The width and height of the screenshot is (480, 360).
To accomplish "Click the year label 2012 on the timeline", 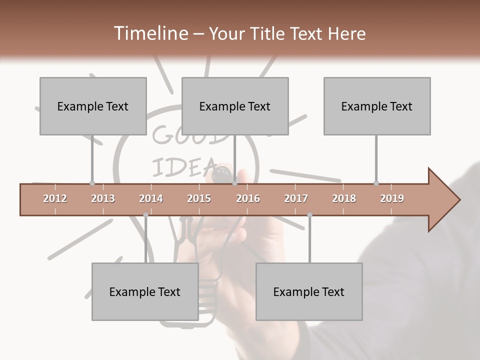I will [x=55, y=198].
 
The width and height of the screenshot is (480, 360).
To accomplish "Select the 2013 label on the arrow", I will [x=103, y=198].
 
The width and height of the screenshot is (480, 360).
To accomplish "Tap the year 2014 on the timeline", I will [x=151, y=198].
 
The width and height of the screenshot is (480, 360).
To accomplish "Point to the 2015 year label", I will [x=199, y=198].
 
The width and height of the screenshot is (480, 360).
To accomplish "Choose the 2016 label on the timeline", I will [x=248, y=198].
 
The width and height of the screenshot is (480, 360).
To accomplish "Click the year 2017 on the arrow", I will [x=296, y=198].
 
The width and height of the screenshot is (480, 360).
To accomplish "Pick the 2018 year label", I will [x=344, y=198].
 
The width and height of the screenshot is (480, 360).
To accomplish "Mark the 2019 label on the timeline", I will [x=392, y=198].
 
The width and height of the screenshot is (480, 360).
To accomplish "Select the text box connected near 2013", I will [x=93, y=106].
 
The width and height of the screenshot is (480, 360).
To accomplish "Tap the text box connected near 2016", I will [x=235, y=106].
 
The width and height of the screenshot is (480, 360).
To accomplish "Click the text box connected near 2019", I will [x=377, y=106].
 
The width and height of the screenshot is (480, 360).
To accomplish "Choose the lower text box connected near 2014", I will [x=145, y=291].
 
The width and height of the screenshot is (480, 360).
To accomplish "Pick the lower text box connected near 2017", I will [x=309, y=291].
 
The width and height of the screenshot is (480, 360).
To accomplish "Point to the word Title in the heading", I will [x=269, y=33].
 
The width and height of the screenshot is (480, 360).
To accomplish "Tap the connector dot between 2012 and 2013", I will [x=92, y=183].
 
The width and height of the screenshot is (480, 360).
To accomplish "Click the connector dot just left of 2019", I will [x=376, y=183].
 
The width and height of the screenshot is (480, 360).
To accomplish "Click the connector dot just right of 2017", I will [x=309, y=215].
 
